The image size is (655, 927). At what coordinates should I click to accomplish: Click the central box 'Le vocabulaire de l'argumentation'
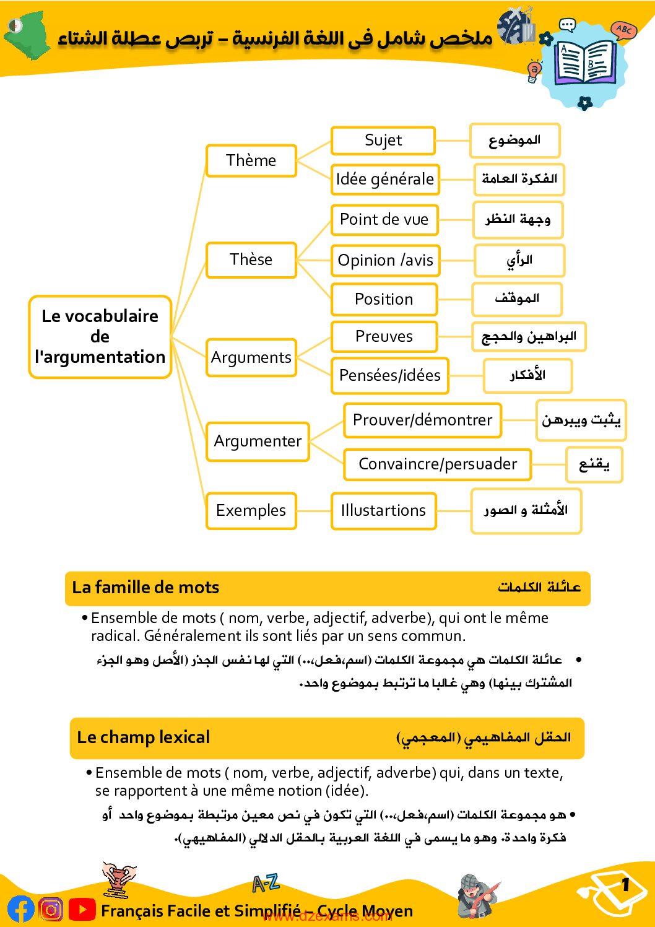pos(100,336)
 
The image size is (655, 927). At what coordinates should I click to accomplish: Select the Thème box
pos(251,160)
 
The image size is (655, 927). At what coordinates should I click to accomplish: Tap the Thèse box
pos(251,259)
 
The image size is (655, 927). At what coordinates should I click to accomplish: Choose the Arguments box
pos(251,357)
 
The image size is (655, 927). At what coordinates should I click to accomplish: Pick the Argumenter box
pos(258,441)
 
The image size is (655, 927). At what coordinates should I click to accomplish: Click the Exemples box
pos(251,510)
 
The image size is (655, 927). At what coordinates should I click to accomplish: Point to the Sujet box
pos(383,141)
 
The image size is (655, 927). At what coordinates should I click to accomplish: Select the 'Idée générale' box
pos(384,179)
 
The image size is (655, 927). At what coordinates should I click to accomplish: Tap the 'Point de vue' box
pos(384,219)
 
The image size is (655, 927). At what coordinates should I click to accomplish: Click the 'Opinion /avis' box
pos(385,260)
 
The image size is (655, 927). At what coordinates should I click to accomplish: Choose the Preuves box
pos(384,336)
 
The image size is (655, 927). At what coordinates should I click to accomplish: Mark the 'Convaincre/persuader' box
pos(437,464)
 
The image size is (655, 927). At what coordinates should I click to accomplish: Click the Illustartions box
pos(383,510)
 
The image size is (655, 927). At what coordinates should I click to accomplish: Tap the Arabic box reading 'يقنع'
pos(594,464)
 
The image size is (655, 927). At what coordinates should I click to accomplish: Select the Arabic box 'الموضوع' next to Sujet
pos(514,140)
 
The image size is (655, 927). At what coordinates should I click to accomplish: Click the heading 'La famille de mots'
pos(145,587)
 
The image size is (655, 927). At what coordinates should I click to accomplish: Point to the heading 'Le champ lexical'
pos(143,737)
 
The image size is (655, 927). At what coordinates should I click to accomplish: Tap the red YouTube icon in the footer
pos(82,909)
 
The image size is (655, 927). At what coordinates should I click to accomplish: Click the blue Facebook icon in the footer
pos(20,909)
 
